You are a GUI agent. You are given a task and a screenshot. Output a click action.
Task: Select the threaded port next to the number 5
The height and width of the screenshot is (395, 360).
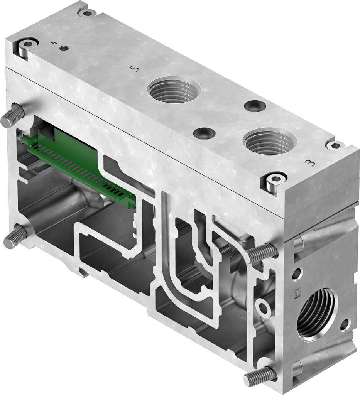tap(174, 89)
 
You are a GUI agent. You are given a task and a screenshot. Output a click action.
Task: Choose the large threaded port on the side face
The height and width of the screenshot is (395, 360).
tap(316, 314)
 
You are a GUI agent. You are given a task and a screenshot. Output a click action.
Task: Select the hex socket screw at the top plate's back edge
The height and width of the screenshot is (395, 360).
tap(87, 13)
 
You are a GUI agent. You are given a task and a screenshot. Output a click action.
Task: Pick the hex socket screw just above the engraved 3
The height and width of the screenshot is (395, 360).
tap(335, 145)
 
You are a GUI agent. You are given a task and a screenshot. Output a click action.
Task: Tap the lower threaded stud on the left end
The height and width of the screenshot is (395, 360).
tap(15, 237)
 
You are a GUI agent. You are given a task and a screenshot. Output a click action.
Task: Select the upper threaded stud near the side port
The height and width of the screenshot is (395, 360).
tap(261, 253)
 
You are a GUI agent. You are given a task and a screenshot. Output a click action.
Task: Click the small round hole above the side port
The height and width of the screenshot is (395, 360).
tap(297, 274)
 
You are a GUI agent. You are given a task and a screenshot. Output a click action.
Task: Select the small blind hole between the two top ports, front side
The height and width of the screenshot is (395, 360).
tap(204, 133)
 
